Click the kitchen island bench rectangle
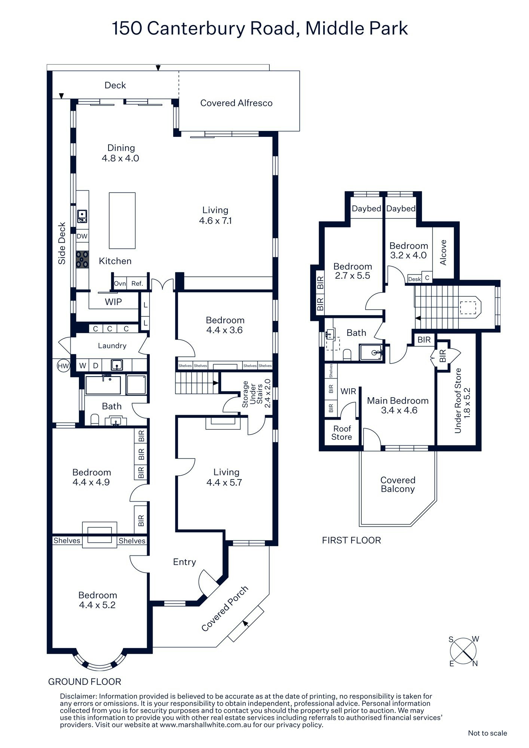(122, 221)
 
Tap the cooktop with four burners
(82, 259)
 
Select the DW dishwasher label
(82, 236)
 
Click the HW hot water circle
(63, 366)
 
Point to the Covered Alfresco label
(236, 103)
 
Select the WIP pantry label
(113, 302)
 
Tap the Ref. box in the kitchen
(137, 283)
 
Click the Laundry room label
(112, 346)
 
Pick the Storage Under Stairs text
(256, 394)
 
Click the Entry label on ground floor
(184, 562)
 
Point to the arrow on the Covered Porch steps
(245, 623)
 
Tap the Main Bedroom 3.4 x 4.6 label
(398, 405)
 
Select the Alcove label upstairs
(443, 252)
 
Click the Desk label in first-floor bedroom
(414, 279)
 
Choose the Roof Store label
(342, 433)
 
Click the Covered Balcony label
(398, 484)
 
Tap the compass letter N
(475, 664)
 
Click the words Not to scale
(487, 733)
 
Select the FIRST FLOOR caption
(351, 540)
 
